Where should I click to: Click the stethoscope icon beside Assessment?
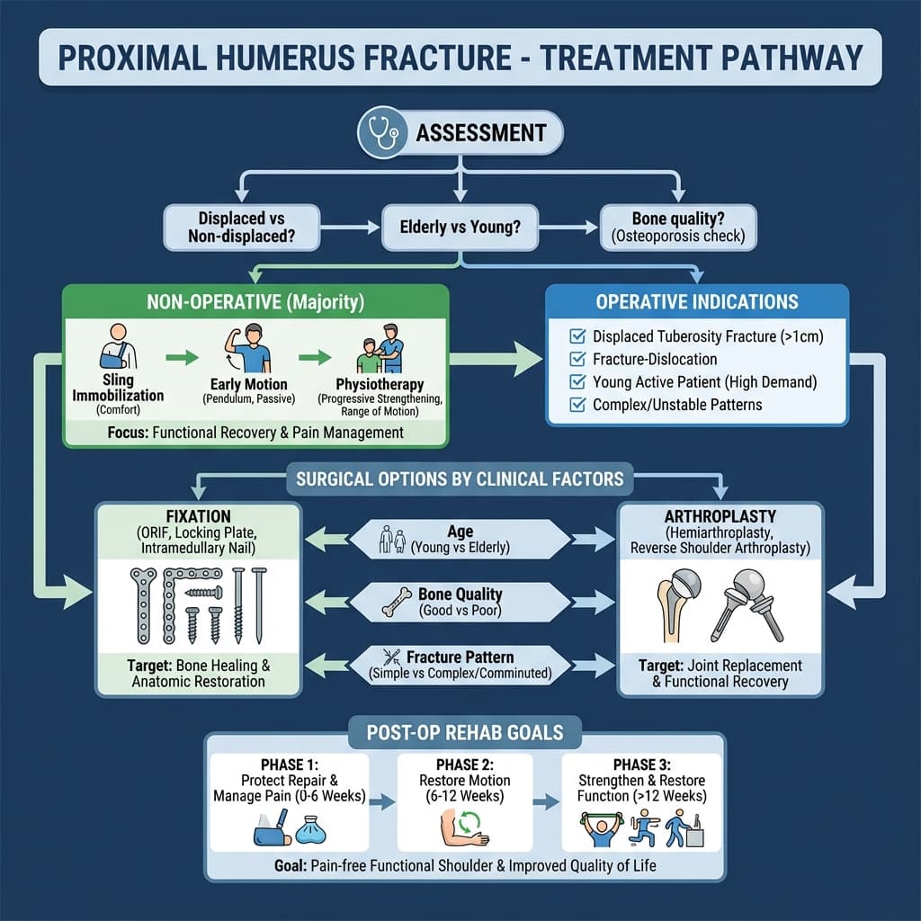(x=379, y=133)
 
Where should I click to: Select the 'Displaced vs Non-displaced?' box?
(x=241, y=228)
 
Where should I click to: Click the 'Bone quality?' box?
(x=679, y=228)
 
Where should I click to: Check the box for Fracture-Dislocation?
(x=577, y=360)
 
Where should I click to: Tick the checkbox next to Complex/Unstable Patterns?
(x=577, y=405)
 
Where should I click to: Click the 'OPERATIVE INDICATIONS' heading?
(x=697, y=303)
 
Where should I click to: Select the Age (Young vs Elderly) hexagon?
(x=460, y=540)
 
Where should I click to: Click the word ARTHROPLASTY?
(x=720, y=517)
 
